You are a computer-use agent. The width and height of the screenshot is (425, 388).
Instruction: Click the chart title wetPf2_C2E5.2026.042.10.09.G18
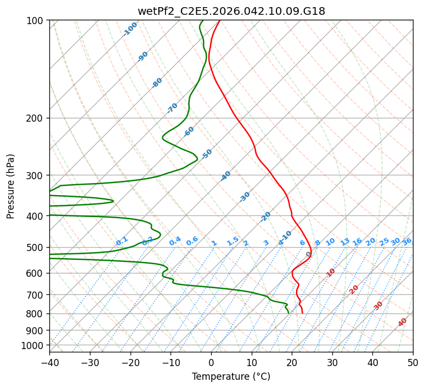(231, 11)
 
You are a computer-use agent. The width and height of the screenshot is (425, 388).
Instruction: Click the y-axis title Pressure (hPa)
(11, 186)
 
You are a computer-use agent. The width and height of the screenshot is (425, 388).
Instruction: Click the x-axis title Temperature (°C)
(231, 376)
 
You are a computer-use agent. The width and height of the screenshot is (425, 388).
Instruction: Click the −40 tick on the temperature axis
(49, 362)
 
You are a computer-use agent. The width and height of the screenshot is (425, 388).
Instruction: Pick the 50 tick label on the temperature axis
(413, 362)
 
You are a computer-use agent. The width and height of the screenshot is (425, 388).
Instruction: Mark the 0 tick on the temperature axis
(211, 362)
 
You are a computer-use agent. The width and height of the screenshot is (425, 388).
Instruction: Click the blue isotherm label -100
(130, 29)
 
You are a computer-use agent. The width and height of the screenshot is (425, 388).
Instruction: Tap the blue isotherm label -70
(172, 108)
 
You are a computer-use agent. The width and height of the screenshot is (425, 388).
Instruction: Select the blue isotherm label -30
(245, 197)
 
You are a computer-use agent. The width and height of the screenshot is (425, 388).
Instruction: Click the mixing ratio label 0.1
(122, 241)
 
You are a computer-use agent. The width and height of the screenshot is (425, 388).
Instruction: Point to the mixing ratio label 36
(407, 242)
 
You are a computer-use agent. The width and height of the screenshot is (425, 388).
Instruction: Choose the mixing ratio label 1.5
(233, 241)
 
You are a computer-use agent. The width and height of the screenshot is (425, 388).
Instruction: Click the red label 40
(403, 322)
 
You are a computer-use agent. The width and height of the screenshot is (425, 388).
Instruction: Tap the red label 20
(354, 289)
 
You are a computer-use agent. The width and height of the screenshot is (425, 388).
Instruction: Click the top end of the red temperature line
(220, 20)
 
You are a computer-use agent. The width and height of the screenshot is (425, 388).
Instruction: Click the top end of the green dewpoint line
(202, 20)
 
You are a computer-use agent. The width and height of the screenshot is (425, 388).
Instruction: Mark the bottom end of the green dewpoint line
(288, 313)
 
